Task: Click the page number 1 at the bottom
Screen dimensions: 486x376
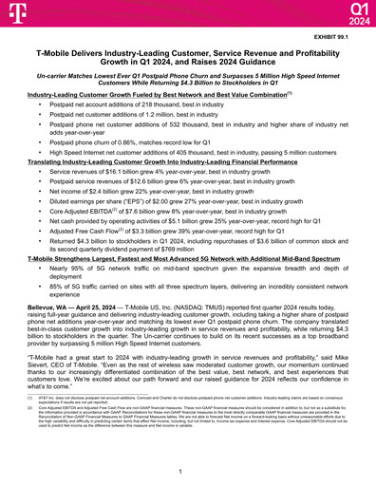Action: (188, 471)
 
